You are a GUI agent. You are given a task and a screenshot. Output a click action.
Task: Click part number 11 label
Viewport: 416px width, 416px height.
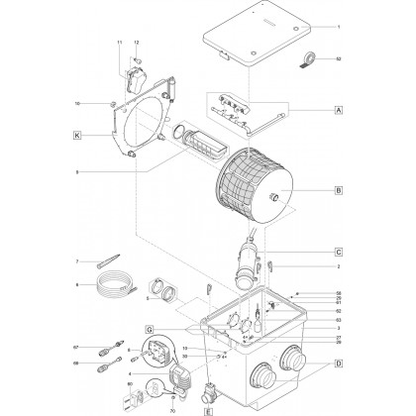pos(120,45)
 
